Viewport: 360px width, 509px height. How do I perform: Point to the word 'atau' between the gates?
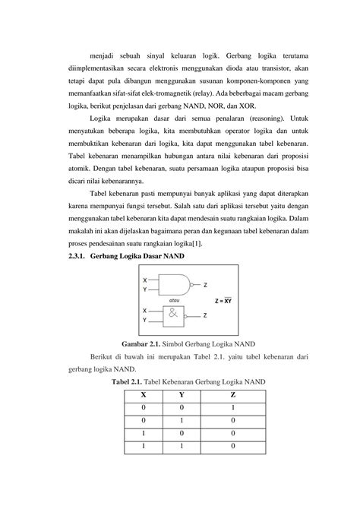click(x=174, y=300)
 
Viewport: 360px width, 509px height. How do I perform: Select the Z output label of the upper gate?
click(x=204, y=285)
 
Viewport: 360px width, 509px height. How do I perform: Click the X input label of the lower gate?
click(x=145, y=310)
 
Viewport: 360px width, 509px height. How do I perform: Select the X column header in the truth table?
click(x=144, y=394)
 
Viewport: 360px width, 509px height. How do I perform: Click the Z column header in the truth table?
click(x=232, y=394)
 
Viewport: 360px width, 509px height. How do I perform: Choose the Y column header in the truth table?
click(x=181, y=394)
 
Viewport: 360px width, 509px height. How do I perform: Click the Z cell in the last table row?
click(x=232, y=445)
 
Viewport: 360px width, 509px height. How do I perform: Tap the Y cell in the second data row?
click(x=181, y=419)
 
